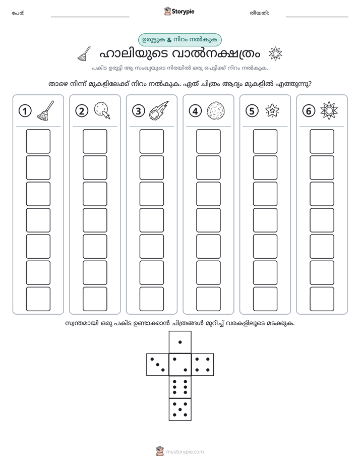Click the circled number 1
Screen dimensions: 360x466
point(25,111)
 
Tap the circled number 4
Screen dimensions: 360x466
point(195,111)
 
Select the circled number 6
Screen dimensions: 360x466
point(309,111)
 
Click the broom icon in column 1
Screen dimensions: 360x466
point(45,110)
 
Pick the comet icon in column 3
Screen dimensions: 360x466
point(159,110)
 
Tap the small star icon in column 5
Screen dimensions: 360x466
point(272,110)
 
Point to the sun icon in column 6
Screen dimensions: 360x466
point(329,110)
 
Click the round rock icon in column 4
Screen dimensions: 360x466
point(215,110)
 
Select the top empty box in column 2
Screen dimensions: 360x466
point(95,141)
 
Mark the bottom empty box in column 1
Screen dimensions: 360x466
point(38,299)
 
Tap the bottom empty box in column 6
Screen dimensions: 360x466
point(322,299)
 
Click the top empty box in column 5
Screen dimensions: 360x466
point(265,141)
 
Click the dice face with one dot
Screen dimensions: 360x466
point(180,342)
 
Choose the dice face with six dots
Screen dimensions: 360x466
point(180,387)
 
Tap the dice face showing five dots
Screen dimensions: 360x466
point(180,410)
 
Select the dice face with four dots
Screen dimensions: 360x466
point(203,365)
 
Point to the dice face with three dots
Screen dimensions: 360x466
point(157,365)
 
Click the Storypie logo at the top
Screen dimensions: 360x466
point(179,11)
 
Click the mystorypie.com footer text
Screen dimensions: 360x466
point(185,452)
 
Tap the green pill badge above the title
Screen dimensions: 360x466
point(180,40)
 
